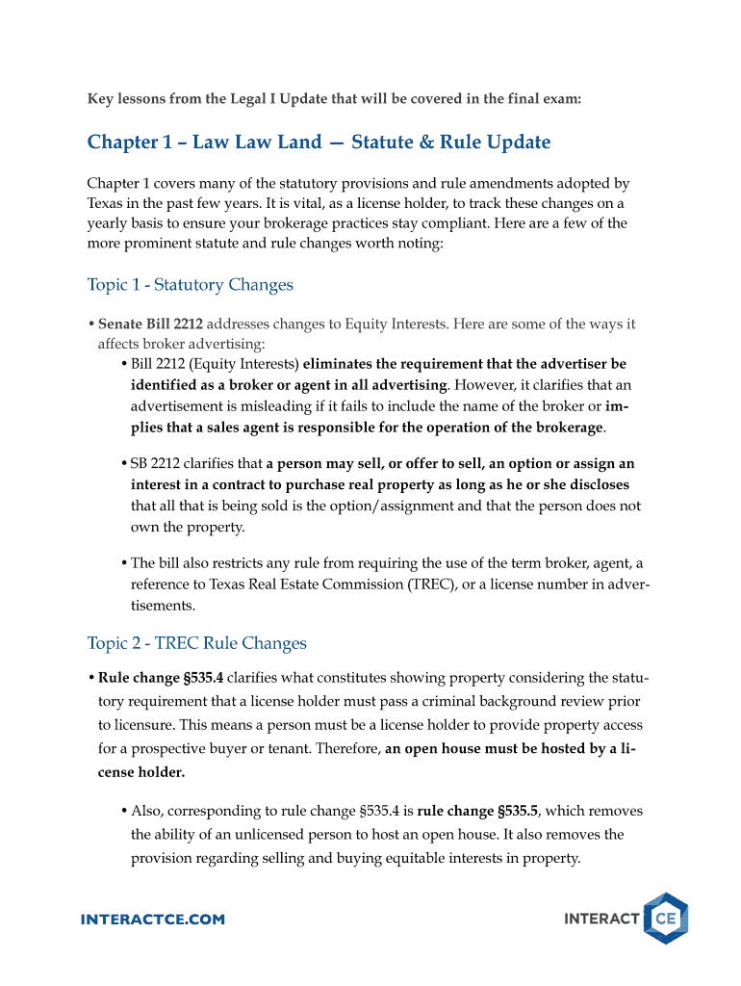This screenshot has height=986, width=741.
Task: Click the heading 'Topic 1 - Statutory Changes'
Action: coord(190,285)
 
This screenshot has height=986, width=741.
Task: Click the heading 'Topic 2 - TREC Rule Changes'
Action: coord(196,643)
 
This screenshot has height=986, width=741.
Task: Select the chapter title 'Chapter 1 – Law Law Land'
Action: coord(204,143)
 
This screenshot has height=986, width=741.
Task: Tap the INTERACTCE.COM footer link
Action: coord(153,920)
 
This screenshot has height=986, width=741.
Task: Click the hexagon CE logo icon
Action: coord(665,919)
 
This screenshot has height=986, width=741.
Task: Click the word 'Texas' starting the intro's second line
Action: coord(106,203)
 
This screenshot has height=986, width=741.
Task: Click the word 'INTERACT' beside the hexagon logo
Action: coord(601,920)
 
